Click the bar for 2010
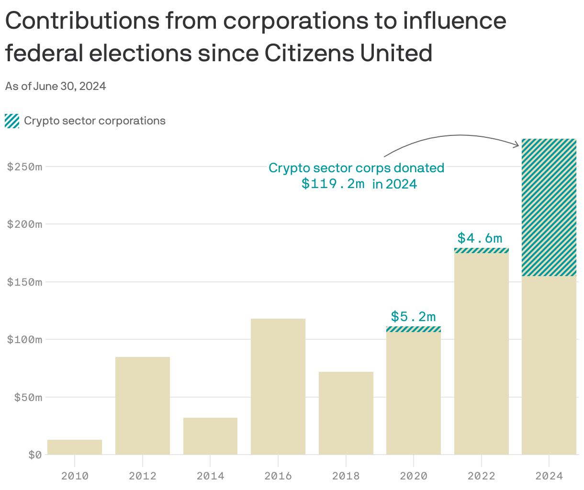coord(75,447)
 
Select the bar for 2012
coord(143,405)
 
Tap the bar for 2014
coord(210,436)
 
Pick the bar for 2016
coord(278,386)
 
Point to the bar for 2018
coord(346,413)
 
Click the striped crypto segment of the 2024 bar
coord(549,207)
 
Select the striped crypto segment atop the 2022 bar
coord(482,250)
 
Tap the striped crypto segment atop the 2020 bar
coord(414,329)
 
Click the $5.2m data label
coord(414,316)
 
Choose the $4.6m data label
coord(480,238)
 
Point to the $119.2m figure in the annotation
coord(333,184)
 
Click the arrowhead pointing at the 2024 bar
coord(517,144)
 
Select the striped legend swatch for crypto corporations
coord(12,121)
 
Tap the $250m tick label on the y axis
coord(24,167)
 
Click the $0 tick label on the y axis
coord(34,455)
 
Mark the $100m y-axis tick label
coord(24,340)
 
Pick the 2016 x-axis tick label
coord(278,476)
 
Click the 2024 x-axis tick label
coord(549,476)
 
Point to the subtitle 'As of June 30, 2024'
coord(56,86)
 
